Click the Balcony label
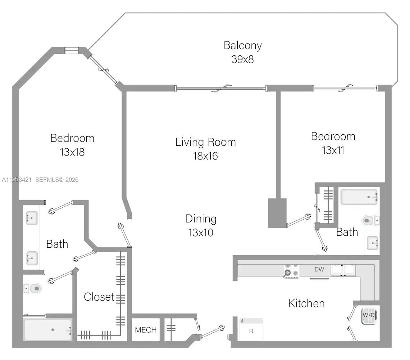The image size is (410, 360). coord(242,45)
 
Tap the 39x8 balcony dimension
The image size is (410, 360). coord(242,59)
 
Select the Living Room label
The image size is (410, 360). coord(205,142)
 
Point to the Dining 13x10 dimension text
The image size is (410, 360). coord(201,233)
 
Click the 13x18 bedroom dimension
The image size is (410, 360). coord(72,152)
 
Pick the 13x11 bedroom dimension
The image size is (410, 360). coord(333,150)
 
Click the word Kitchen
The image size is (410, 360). coord(306,303)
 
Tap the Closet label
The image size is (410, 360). coord(99,297)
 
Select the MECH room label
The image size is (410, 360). coord(146,330)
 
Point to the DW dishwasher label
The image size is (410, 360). coord(319,269)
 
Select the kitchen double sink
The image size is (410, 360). coord(343,270)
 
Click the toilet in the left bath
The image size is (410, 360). coord(33,288)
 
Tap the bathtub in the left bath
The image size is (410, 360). coord(48,330)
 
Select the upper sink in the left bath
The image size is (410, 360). coord(32,218)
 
